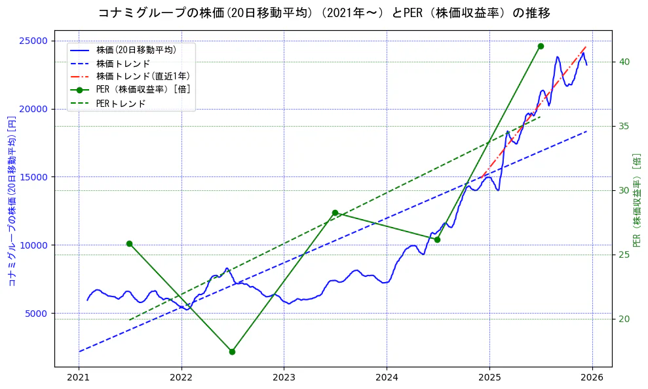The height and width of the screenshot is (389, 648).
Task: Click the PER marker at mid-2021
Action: point(129,243)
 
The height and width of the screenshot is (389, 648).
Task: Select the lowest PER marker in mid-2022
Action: point(232,352)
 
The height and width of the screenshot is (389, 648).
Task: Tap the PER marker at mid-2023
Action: point(335,213)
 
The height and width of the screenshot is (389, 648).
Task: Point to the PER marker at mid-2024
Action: point(437,239)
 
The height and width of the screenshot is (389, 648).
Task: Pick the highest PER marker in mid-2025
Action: point(541,46)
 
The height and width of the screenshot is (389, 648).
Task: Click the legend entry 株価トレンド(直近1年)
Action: point(134,76)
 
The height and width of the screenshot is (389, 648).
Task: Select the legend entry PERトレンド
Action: point(121,104)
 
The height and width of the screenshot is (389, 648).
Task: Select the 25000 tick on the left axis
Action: point(34,41)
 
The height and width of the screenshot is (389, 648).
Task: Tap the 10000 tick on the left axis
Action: point(34,245)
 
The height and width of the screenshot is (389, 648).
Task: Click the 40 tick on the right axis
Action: point(624,62)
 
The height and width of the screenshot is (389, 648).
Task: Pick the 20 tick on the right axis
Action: point(624,319)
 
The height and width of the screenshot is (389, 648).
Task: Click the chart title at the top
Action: point(324,13)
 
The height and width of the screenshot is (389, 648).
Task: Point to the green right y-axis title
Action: point(637,200)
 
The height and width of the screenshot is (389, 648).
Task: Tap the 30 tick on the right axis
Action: point(624,190)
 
